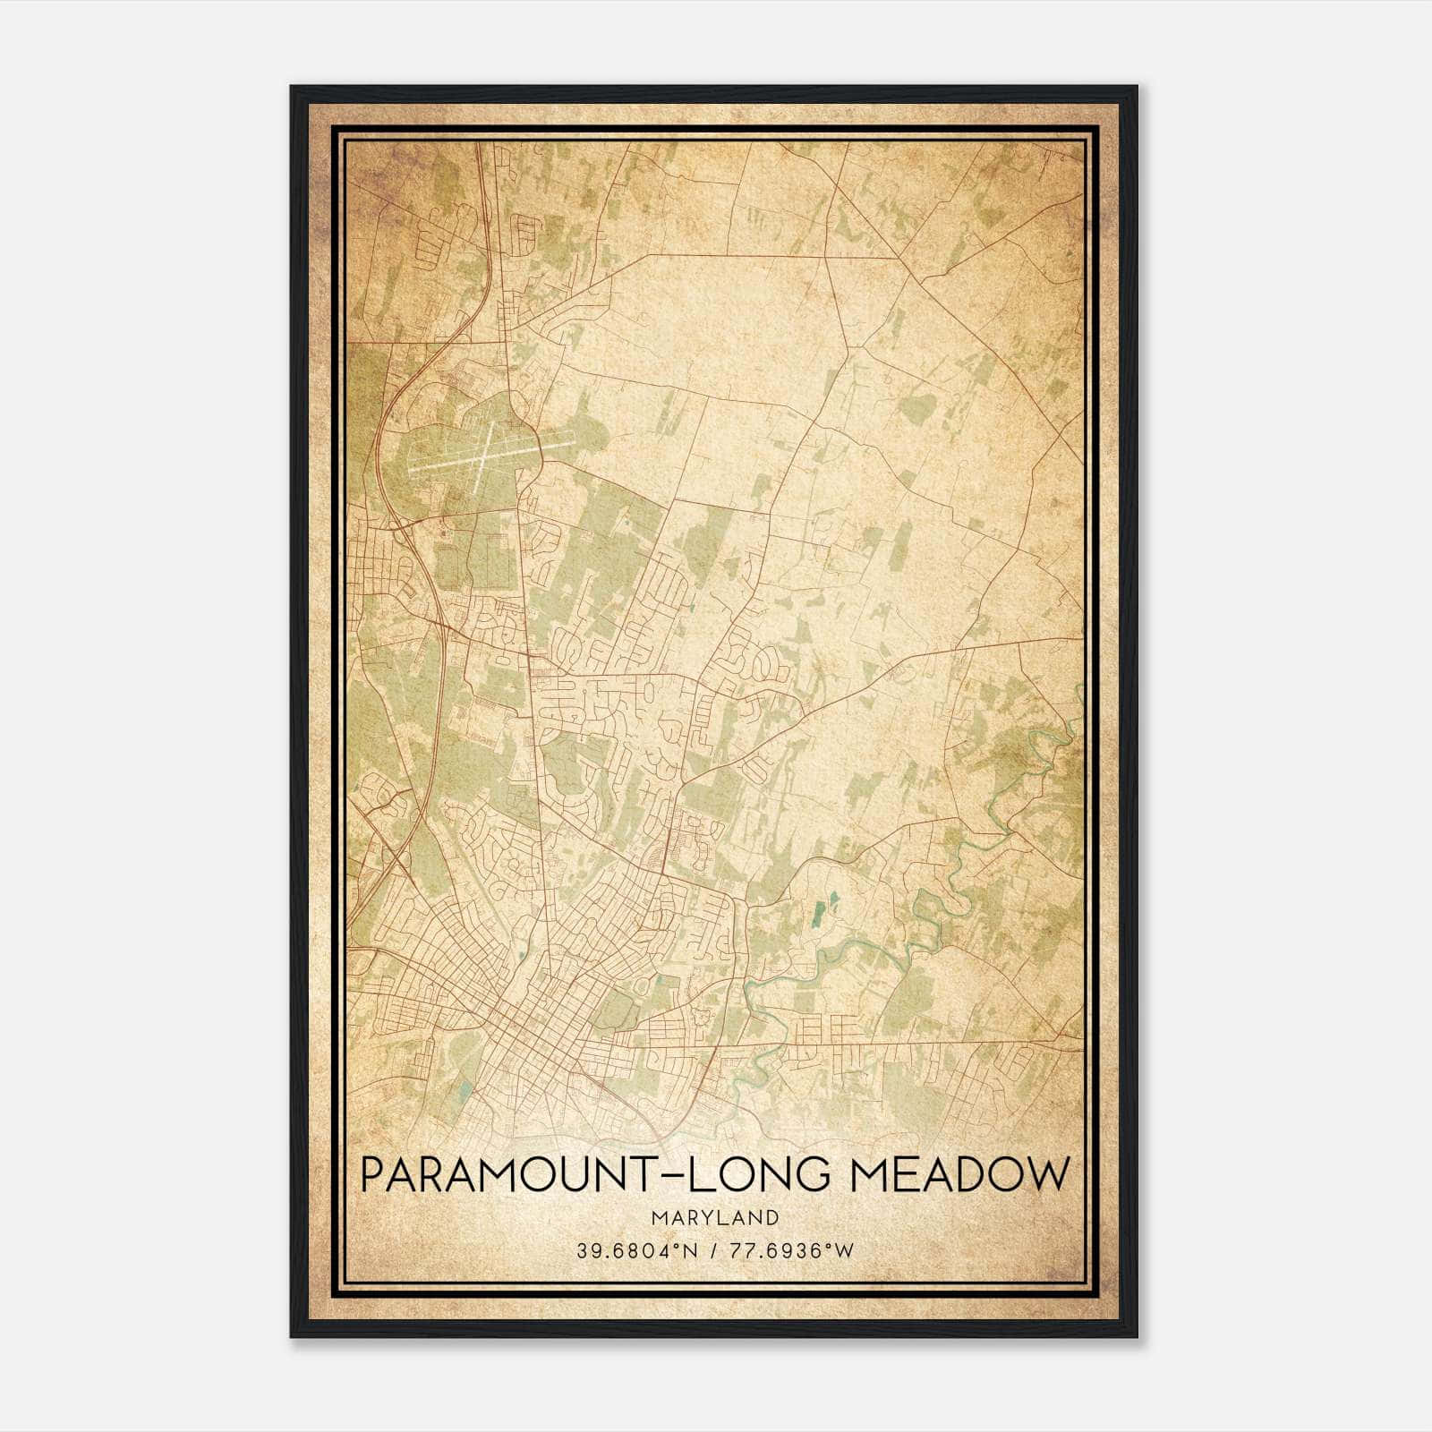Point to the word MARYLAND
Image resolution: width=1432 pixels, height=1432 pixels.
point(715,1217)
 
